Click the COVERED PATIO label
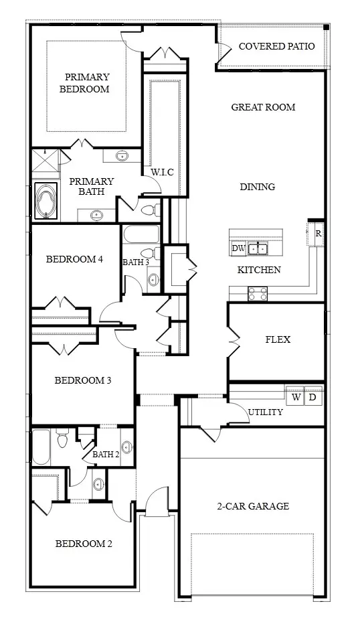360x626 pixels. (x=276, y=46)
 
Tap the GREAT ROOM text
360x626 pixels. (x=263, y=107)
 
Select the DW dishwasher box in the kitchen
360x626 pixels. (x=239, y=248)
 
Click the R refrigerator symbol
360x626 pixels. (x=318, y=234)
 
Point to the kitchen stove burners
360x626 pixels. (x=258, y=294)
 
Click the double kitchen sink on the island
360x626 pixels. (x=258, y=249)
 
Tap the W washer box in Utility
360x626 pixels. (x=296, y=397)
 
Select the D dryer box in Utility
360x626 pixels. (x=312, y=397)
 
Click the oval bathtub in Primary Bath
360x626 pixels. (x=46, y=201)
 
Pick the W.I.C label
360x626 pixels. (x=162, y=173)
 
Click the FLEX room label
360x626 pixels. (x=278, y=339)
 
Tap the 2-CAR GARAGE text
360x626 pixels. (x=253, y=506)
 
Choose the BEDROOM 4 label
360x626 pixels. (x=75, y=259)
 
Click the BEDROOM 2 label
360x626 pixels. (x=84, y=544)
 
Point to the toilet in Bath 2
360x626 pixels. (x=62, y=439)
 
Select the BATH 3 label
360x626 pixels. (x=136, y=262)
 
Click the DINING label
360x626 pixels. (x=258, y=186)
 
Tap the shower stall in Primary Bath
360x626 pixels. (x=45, y=163)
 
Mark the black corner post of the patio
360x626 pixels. (x=326, y=27)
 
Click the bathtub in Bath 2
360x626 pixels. (x=41, y=447)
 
